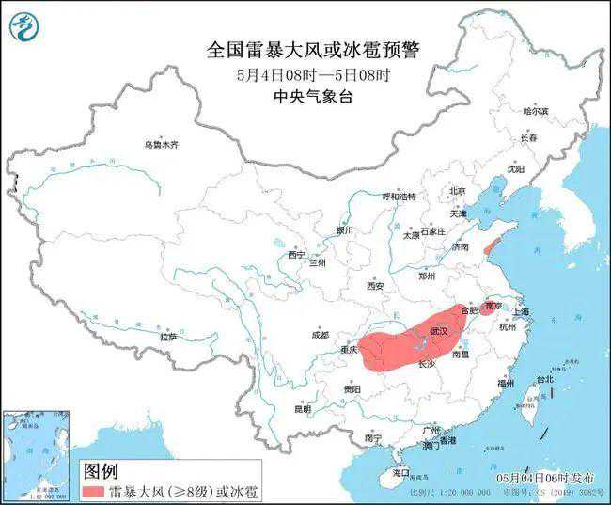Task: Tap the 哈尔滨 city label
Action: pos(535,111)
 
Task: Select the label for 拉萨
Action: pos(169,336)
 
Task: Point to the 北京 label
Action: pos(458,191)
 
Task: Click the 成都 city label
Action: pos(320,335)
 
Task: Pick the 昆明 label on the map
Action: pos(302,409)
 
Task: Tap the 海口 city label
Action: pos(401,472)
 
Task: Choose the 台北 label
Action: pos(545,379)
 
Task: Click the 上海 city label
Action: pos(520,311)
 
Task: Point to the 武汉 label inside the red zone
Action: pos(439,331)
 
